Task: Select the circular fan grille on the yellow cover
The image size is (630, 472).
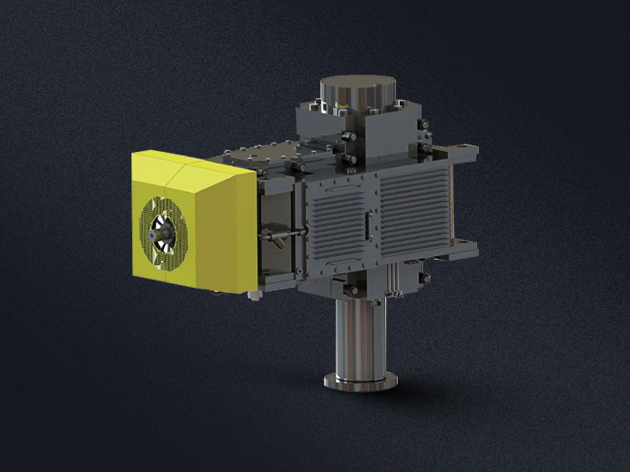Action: coord(164,232)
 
